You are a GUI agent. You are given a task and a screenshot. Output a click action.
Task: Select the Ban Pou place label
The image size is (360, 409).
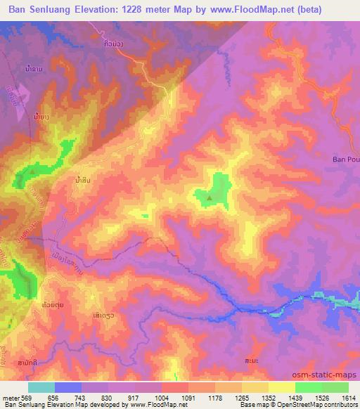click(345, 160)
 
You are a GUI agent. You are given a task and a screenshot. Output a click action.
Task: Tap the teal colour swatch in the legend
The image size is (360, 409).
click(41, 387)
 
